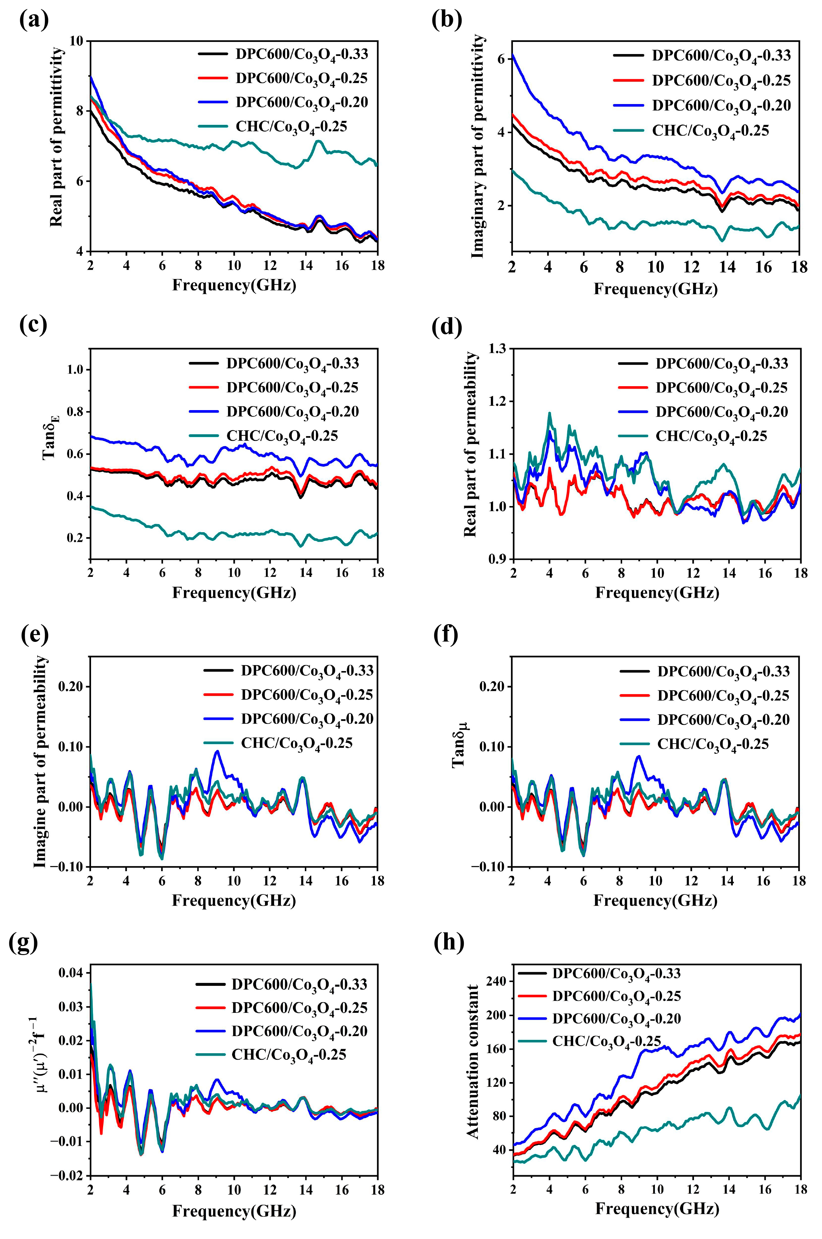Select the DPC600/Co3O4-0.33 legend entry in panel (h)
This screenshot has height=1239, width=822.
coord(616,974)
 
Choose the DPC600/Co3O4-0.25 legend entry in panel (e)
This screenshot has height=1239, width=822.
coord(307,695)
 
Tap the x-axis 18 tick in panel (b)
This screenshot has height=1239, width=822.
coord(799,267)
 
